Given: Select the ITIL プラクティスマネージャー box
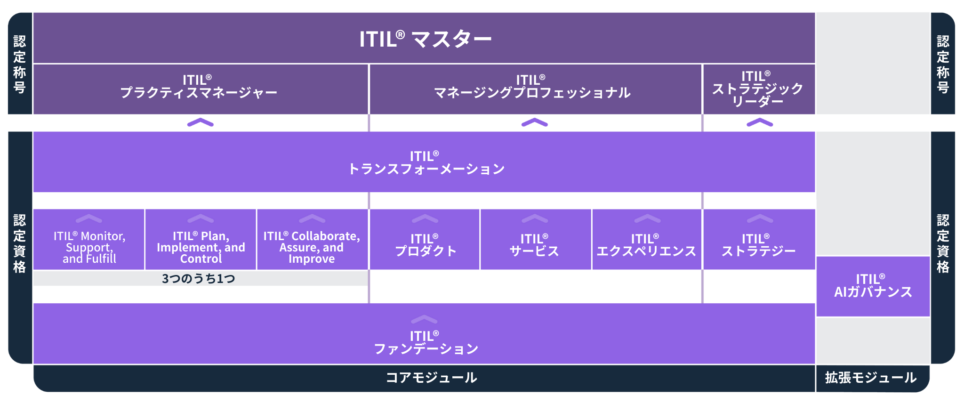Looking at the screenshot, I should click(x=200, y=89).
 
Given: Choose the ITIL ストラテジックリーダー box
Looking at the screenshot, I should click(x=758, y=89).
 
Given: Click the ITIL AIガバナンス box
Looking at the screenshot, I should click(x=873, y=286).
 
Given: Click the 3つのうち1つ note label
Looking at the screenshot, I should click(x=199, y=279).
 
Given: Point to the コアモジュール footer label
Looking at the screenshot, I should click(x=431, y=378).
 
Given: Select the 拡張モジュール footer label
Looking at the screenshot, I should click(x=871, y=378).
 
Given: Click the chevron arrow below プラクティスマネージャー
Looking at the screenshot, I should click(x=201, y=123).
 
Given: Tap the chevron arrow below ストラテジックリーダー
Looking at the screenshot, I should click(x=760, y=123).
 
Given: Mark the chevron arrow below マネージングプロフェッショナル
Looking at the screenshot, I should click(x=535, y=123).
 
